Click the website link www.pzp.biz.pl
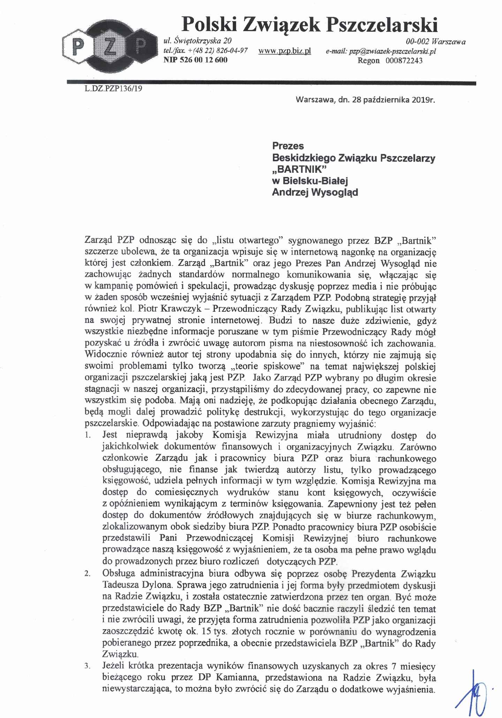pos(284,51)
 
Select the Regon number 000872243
pos(404,61)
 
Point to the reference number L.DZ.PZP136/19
pos(113,88)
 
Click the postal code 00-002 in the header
pos(417,42)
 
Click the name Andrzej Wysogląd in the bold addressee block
pos(315,192)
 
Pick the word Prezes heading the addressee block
pos(288,146)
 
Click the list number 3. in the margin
pos(88,667)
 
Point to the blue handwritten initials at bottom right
pos(471,690)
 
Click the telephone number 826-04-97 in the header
pos(232,51)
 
